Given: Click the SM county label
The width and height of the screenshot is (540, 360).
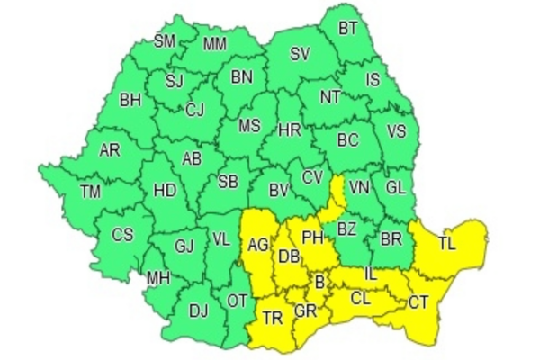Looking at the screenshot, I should coord(165,41).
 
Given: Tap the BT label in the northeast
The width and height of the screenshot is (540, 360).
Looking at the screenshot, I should coord(348,29).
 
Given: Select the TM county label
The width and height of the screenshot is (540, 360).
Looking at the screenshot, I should coord(90,191).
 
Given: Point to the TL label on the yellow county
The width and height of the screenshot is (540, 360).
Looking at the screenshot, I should coord(446,243).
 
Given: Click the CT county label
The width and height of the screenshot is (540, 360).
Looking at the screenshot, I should coord(418,302).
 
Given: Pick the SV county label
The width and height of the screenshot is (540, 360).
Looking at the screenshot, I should coord(300,54).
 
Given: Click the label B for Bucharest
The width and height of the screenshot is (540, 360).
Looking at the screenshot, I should coord(319,283).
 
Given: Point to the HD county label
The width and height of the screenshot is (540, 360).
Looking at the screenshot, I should coord(165,191).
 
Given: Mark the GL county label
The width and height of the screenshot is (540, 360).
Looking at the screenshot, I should coord(394,188).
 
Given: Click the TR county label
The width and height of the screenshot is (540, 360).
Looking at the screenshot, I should coord(272,316).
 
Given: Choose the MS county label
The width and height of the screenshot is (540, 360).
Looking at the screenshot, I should coord(249,126).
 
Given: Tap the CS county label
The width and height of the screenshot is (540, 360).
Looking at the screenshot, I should coord(122,235).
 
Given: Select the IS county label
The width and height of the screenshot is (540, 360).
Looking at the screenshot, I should coord(373,80).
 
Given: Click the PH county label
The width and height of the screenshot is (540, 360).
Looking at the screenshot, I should coord(311,238).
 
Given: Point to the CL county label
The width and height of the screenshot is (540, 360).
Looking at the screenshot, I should coord(359,297).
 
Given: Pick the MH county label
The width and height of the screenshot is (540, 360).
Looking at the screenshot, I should coord(159,277).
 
